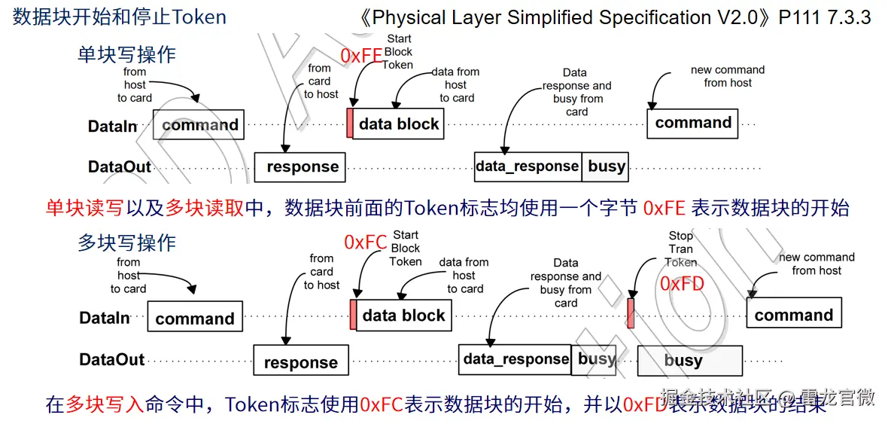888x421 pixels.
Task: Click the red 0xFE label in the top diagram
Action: point(361,56)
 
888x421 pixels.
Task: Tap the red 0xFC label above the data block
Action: point(365,242)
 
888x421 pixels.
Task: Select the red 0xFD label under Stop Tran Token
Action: point(682,283)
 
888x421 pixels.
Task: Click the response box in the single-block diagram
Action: point(300,167)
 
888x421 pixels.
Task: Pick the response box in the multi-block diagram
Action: point(300,362)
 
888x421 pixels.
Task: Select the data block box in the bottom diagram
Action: point(403,316)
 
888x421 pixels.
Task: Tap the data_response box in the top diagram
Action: point(528,166)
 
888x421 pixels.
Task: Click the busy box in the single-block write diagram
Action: point(605,166)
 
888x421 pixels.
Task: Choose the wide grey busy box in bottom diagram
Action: point(682,361)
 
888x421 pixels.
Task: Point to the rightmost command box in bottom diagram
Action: point(793,315)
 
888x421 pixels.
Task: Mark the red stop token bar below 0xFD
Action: point(631,313)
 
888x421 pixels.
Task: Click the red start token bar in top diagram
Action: point(350,124)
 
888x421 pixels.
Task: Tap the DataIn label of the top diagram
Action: point(111,127)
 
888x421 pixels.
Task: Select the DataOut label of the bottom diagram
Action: point(111,360)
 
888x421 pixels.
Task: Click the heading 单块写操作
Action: point(126,54)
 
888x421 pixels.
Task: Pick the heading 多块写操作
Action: point(126,243)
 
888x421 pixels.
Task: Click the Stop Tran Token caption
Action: point(680,249)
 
